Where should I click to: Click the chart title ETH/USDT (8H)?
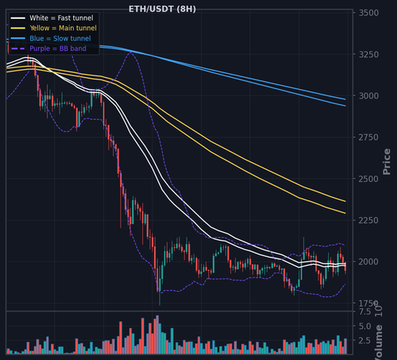(x=162, y=9)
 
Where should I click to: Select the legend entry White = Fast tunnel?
(x=61, y=18)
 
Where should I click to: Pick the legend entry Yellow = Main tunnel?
(x=63, y=28)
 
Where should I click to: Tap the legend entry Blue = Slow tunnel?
(x=60, y=38)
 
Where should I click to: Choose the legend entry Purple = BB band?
(x=58, y=48)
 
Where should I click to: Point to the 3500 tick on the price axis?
(x=368, y=13)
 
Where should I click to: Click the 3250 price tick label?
(x=368, y=54)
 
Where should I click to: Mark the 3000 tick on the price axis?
(x=368, y=95)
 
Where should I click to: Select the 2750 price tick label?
(x=368, y=137)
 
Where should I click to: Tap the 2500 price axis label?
(x=368, y=179)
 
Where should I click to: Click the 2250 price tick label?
(x=368, y=220)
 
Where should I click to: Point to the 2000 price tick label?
(x=368, y=261)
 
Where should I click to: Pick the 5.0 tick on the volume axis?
(x=365, y=327)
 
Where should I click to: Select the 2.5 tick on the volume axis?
(x=365, y=340)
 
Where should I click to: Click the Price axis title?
(x=387, y=161)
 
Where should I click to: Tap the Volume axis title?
(x=379, y=343)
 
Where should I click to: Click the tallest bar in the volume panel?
(x=157, y=335)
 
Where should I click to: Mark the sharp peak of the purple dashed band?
(x=130, y=52)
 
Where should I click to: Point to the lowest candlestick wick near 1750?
(x=160, y=298)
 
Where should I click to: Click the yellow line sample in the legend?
(x=18, y=28)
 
